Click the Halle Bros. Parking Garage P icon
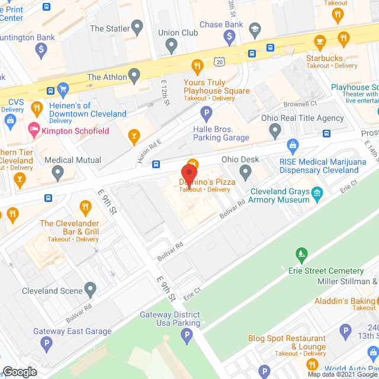(x=206, y=113)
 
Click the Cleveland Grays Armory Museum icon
(x=317, y=192)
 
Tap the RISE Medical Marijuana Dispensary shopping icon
(x=292, y=145)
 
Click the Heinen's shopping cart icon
(x=63, y=90)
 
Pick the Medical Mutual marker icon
(x=57, y=174)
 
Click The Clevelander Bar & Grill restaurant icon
(x=85, y=207)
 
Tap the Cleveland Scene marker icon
(x=90, y=290)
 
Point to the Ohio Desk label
(x=240, y=159)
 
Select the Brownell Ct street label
(x=301, y=104)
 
